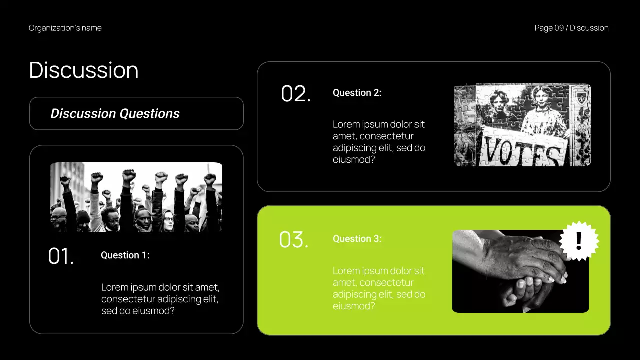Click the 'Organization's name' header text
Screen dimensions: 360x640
pos(65,28)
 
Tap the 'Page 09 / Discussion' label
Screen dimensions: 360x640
pos(571,28)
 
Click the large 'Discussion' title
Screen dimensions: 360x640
pos(84,70)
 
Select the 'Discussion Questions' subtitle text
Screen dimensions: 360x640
pos(115,114)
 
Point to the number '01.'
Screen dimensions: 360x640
pos(61,256)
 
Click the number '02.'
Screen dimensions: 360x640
pos(296,94)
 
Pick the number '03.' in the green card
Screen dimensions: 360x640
pos(294,240)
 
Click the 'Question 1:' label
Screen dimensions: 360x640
pos(125,255)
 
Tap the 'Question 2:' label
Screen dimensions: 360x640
pos(357,93)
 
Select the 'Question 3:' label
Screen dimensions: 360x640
pos(357,239)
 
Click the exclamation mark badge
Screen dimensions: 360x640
pos(579,241)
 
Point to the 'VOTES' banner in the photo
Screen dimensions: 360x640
pos(522,149)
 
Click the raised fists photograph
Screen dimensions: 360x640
pos(136,197)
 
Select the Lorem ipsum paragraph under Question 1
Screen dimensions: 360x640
pos(160,299)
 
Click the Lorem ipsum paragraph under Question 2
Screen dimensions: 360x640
pos(379,142)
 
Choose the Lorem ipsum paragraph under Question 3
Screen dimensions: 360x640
pos(379,288)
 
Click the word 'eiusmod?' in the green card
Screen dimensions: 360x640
pos(354,306)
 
